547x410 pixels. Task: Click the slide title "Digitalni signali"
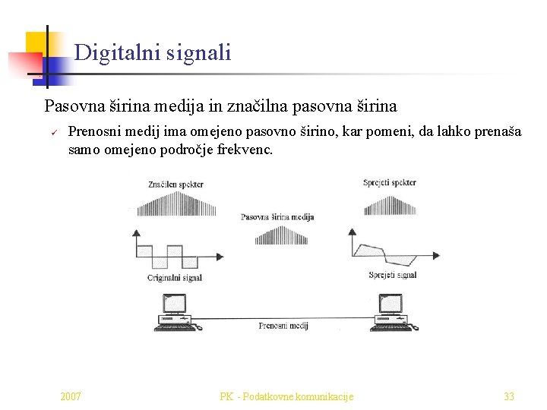[x=153, y=53]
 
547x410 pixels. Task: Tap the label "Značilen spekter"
[x=175, y=184]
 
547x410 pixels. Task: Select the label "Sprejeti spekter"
[x=389, y=183]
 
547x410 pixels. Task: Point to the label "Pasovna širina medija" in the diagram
[x=277, y=217]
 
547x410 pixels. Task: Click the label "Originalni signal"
[x=175, y=278]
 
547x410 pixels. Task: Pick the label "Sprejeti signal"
[x=392, y=275]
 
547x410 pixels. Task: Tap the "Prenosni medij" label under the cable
[x=283, y=326]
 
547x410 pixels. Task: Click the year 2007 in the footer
[x=71, y=396]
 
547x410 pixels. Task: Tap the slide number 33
[x=509, y=396]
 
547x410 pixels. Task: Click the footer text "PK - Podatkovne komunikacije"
[x=286, y=396]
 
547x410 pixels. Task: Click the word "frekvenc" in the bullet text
[x=244, y=150]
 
